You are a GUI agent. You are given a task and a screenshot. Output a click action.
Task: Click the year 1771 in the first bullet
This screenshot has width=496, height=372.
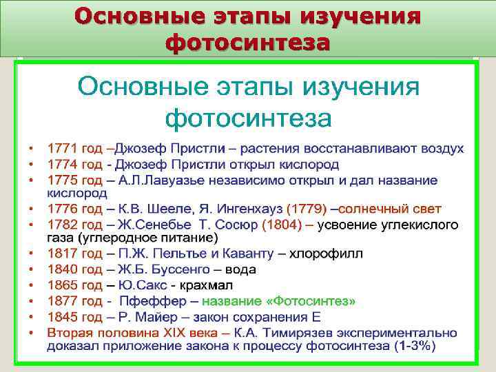tap(60, 149)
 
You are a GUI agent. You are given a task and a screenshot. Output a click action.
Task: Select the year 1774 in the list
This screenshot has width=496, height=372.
tap(60, 165)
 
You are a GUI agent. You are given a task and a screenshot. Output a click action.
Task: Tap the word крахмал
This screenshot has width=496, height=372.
tap(208, 285)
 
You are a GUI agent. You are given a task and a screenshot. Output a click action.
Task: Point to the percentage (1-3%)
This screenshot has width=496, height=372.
tap(414, 347)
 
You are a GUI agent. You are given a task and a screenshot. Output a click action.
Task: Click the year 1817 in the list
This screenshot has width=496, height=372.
tap(60, 254)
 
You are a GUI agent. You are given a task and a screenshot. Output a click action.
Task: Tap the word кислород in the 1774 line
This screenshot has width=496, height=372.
tap(312, 165)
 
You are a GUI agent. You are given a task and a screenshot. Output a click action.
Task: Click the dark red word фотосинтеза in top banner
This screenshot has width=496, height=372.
tap(247, 43)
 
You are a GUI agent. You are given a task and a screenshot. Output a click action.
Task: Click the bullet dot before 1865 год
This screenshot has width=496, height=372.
tap(30, 285)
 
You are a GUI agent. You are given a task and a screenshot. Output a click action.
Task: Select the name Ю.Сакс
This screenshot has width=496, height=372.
tap(141, 285)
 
